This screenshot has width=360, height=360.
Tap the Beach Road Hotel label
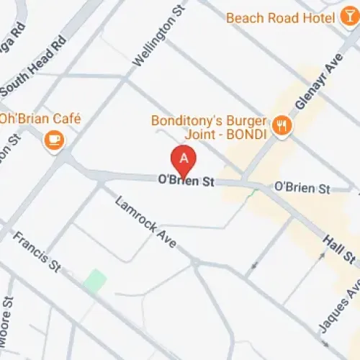tap(282, 17)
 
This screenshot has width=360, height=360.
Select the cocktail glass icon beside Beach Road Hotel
tap(349, 17)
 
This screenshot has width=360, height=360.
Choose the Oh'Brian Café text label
tap(41, 119)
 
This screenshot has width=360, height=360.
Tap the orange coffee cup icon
tap(53, 140)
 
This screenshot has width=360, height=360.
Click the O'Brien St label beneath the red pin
tap(186, 183)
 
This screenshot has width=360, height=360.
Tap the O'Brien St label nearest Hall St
tap(302, 189)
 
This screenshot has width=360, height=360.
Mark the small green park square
tap(94, 281)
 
